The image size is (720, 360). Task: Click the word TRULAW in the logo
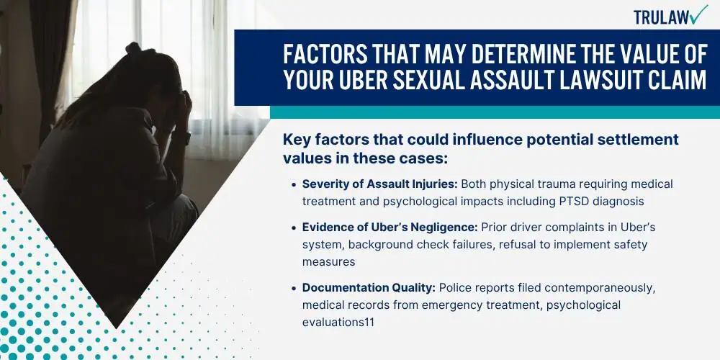(x=662, y=17)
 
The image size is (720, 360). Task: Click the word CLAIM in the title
(x=675, y=81)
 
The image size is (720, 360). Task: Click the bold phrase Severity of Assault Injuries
(x=379, y=184)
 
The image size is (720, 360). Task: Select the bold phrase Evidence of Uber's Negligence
(x=390, y=228)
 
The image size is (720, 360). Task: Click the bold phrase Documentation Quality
(x=369, y=288)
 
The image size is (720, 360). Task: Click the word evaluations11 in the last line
(x=338, y=323)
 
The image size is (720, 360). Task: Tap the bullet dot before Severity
(x=294, y=185)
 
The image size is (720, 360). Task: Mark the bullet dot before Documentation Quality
(x=294, y=289)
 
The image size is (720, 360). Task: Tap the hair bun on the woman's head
(x=133, y=48)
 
